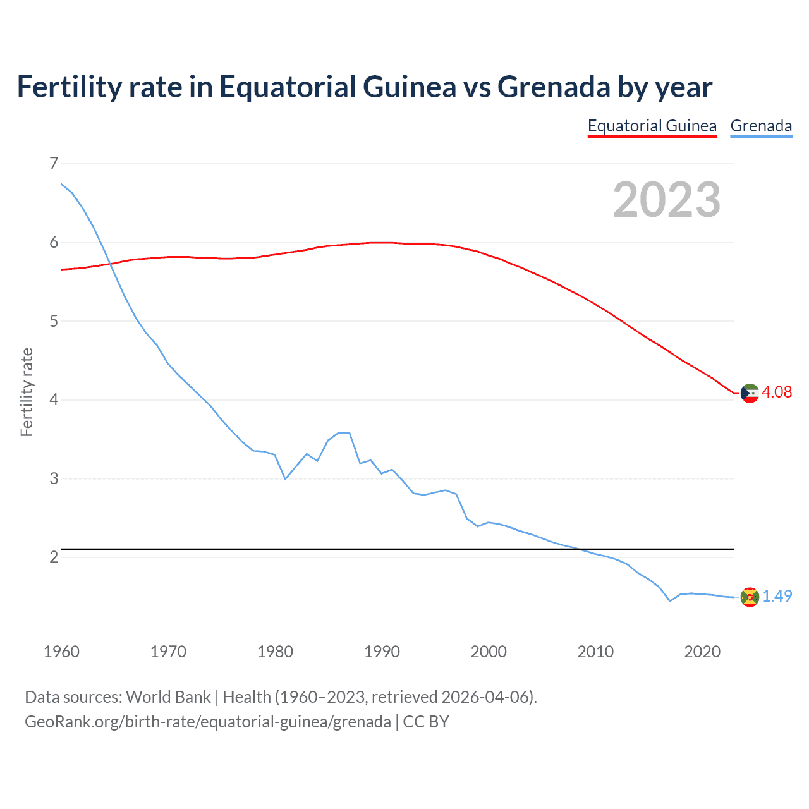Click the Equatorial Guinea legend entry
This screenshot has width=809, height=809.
click(652, 126)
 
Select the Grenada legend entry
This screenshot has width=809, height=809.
click(761, 126)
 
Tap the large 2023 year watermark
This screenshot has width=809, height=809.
click(666, 200)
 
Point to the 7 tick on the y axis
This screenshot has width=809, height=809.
click(54, 164)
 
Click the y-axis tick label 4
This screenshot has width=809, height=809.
click(54, 399)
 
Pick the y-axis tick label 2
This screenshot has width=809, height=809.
click(54, 557)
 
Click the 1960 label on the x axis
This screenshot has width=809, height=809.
click(61, 652)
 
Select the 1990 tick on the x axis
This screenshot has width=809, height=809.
click(382, 652)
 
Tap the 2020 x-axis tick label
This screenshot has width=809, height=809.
click(702, 652)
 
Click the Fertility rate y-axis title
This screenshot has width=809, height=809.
click(27, 392)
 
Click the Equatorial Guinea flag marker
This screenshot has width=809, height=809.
click(750, 393)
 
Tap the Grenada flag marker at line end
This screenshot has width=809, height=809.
click(750, 597)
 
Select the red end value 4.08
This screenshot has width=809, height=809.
click(777, 392)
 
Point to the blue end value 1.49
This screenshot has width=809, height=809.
click(777, 596)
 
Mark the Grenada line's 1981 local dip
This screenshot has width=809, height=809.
click(285, 479)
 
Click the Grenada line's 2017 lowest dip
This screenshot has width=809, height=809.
click(670, 601)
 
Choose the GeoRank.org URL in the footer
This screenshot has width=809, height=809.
click(207, 722)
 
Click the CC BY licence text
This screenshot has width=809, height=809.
click(426, 722)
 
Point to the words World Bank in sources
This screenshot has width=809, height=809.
click(168, 697)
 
